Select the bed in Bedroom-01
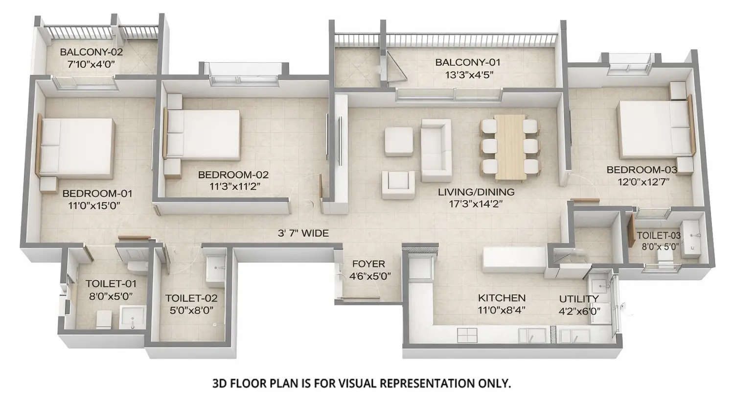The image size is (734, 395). pos(77,148)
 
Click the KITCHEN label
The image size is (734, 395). pos(502,298)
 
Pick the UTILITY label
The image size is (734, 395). pos(579,299)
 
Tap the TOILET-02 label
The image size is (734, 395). pos(188,298)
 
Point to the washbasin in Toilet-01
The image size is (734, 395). pos(133,318)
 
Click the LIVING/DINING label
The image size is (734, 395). pos(476,192)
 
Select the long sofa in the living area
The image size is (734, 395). pos(436,150)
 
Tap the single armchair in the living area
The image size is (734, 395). pos(398,185)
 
